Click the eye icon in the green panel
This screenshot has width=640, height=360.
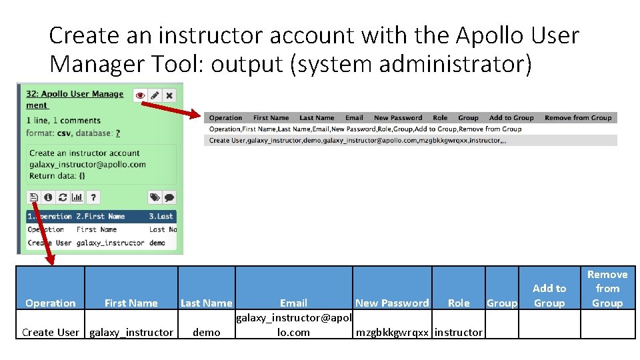(140, 95)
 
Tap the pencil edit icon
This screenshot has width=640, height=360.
(155, 95)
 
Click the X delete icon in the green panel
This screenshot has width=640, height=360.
(169, 95)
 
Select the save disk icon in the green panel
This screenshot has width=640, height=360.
(33, 197)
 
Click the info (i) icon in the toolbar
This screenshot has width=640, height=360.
(48, 197)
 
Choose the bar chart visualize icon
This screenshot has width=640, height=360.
(77, 197)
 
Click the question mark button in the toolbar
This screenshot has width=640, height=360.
(93, 197)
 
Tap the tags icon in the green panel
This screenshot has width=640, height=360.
(155, 197)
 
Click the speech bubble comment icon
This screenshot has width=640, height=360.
(169, 197)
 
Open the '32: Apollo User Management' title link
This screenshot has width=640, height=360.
(75, 95)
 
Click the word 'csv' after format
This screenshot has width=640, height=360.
(65, 133)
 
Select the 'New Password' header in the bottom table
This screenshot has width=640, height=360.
(392, 303)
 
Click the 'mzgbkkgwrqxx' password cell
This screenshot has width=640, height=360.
(392, 332)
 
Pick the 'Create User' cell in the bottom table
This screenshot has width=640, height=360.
(51, 332)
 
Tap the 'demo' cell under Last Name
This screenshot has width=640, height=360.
(206, 332)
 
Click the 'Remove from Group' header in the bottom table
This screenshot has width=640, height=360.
(607, 289)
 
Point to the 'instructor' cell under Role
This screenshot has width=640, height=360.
(459, 332)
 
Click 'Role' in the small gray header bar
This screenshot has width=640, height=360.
(440, 118)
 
